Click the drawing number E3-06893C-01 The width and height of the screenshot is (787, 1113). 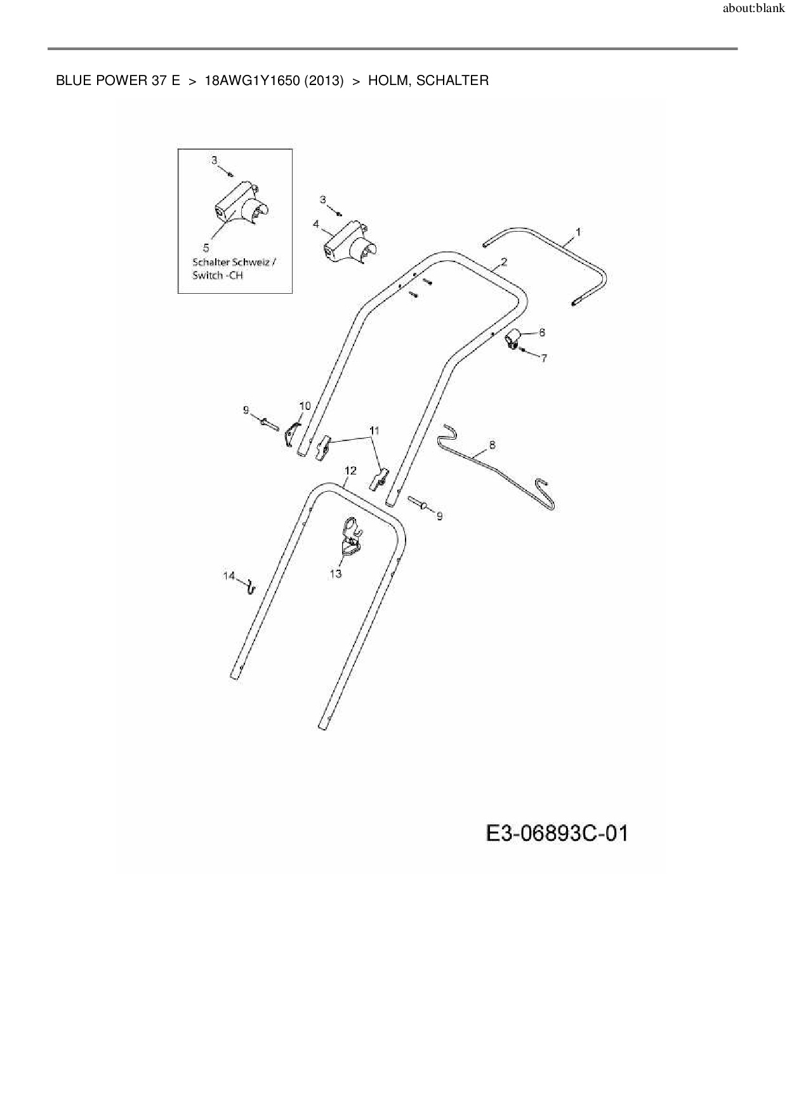tap(557, 833)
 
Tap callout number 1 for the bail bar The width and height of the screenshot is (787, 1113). tap(578, 232)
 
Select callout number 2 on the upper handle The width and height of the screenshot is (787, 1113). tap(504, 261)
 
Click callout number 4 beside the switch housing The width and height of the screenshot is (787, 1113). tap(316, 224)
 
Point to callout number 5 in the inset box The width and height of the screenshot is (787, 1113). tap(206, 247)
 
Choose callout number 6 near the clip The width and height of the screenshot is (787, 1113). tap(541, 332)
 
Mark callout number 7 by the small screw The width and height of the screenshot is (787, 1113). tap(544, 358)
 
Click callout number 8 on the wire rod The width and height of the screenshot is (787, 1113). tap(492, 445)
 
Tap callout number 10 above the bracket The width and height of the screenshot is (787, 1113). tap(305, 406)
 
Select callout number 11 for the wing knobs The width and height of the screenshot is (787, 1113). tap(374, 430)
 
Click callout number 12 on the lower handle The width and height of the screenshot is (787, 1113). tap(350, 470)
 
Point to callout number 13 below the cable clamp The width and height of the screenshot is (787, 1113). tap(336, 574)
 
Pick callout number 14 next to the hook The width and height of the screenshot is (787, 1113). tap(229, 576)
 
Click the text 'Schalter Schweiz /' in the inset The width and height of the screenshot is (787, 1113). tap(234, 261)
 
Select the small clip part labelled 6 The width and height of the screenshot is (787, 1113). tap(513, 339)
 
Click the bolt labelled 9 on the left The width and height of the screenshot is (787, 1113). tap(270, 423)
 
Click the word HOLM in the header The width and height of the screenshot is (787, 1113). tap(389, 81)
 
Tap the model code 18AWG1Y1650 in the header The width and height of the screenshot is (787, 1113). tap(253, 81)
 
